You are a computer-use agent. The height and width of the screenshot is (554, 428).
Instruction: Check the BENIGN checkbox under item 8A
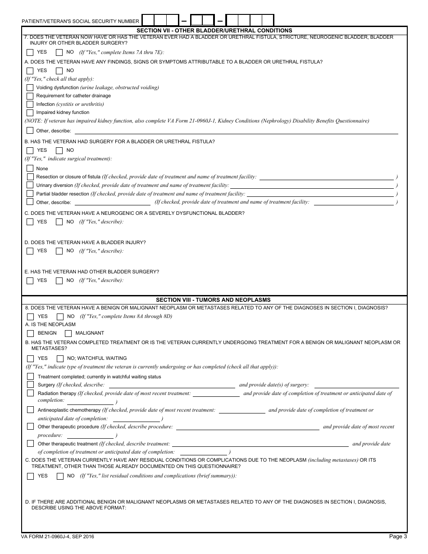(31, 333)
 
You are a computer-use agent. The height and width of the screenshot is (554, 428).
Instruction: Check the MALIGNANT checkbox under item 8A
(68, 333)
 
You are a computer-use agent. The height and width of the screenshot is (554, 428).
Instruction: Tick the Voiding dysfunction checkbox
(30, 87)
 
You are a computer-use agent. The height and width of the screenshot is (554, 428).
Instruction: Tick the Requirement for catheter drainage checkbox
(30, 96)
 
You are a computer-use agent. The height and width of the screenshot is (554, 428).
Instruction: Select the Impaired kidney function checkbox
(30, 113)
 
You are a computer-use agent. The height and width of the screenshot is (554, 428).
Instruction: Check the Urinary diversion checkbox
(30, 185)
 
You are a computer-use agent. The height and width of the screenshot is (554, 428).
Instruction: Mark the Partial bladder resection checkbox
(30, 194)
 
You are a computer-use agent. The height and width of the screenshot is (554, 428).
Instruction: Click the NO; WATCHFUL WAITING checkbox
(60, 359)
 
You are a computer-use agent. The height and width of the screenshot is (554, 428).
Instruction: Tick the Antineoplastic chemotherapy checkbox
(30, 410)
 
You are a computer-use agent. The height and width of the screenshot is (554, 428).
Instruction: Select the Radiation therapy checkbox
(30, 393)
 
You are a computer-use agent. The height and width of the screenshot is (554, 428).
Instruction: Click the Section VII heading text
(214, 31)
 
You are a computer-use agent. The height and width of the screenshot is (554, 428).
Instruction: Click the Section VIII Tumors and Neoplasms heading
(213, 300)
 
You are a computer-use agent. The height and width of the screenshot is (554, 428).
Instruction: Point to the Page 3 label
(398, 536)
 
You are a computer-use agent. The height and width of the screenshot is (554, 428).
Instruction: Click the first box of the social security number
(148, 20)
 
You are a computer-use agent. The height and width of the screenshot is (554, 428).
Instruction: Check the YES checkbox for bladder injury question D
(30, 251)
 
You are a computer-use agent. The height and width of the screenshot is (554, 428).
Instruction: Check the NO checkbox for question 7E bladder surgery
(59, 281)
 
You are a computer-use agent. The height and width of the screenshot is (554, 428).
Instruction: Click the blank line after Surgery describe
(171, 385)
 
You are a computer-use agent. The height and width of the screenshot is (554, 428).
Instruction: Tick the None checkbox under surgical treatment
(30, 168)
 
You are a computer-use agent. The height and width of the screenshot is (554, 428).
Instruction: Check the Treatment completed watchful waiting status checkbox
(30, 377)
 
